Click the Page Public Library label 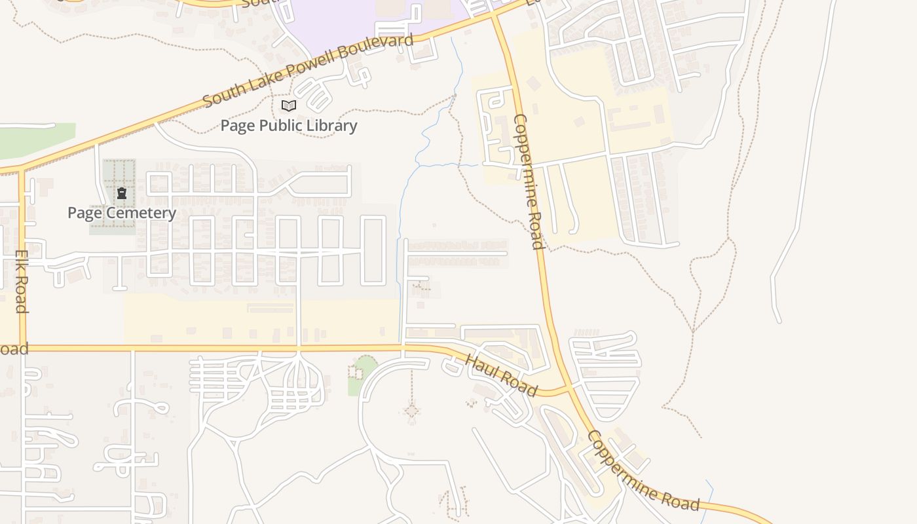(x=288, y=125)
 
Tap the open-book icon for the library (x=288, y=105)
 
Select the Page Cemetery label (x=121, y=213)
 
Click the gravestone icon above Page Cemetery (x=121, y=193)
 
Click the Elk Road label (x=21, y=281)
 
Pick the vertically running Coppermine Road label (x=529, y=181)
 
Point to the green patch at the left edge (x=33, y=140)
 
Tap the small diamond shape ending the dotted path (x=411, y=411)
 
